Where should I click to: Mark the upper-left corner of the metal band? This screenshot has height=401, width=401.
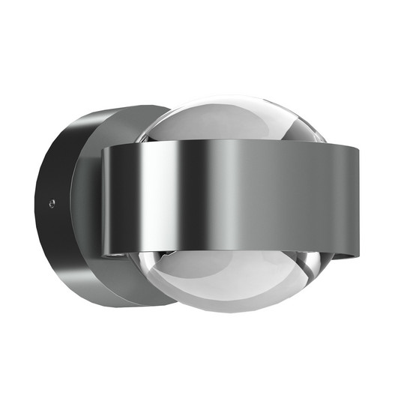(102, 149)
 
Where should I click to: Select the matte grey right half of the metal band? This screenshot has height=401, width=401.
(300, 202)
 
